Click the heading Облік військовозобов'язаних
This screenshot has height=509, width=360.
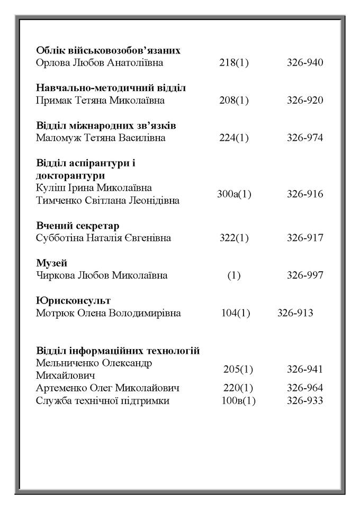pyautogui.click(x=108, y=50)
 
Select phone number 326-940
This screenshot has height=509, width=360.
pyautogui.click(x=305, y=63)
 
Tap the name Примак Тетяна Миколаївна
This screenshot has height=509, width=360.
pyautogui.click(x=100, y=101)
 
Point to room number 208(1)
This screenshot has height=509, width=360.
pyautogui.click(x=234, y=101)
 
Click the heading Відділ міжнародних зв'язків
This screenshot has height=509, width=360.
pyautogui.click(x=106, y=126)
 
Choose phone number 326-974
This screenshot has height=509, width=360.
pyautogui.click(x=305, y=138)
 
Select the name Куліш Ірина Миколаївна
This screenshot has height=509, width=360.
pyautogui.click(x=94, y=188)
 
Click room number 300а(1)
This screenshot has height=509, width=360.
pyautogui.click(x=234, y=194)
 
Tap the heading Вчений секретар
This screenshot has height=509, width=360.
pyautogui.click(x=77, y=226)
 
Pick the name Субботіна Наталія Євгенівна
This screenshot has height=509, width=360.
pyautogui.click(x=103, y=238)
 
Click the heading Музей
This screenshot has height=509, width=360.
pyautogui.click(x=52, y=263)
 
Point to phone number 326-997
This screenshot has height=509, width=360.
pyautogui.click(x=305, y=275)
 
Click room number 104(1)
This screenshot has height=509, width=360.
pyautogui.click(x=236, y=313)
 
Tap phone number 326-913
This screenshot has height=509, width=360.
pyautogui.click(x=295, y=313)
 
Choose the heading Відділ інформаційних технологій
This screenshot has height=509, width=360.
pyautogui.click(x=118, y=351)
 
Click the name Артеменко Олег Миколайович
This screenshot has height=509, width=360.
pyautogui.click(x=108, y=388)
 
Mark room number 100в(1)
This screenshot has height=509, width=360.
pyautogui.click(x=238, y=401)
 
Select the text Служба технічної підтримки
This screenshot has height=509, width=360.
pyautogui.click(x=103, y=401)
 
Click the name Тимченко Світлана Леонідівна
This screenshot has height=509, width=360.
pyautogui.click(x=107, y=201)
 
